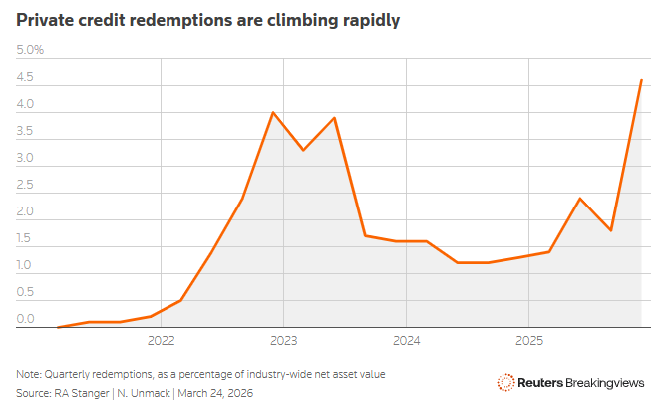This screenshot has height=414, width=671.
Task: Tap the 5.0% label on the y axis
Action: (x=30, y=50)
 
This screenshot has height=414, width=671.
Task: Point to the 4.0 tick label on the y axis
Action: (x=26, y=104)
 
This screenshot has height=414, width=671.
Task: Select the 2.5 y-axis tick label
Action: (x=26, y=185)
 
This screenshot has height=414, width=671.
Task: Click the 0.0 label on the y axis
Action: (x=26, y=319)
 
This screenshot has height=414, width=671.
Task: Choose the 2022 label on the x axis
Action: (x=162, y=341)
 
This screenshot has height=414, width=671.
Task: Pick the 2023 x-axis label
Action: (x=284, y=341)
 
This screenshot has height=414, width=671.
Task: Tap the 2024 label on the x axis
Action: (x=407, y=341)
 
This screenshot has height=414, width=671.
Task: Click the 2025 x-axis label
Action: (x=529, y=341)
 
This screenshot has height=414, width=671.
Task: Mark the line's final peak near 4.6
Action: (x=641, y=80)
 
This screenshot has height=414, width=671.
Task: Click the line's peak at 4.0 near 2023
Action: (x=273, y=112)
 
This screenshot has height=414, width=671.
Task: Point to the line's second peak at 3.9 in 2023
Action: (x=334, y=118)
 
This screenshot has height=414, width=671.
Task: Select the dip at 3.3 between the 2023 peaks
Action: (x=303, y=150)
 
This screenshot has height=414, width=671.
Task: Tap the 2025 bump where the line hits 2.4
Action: (x=579, y=199)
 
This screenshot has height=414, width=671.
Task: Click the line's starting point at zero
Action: (x=59, y=327)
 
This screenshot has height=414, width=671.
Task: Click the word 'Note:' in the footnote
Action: (x=30, y=374)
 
